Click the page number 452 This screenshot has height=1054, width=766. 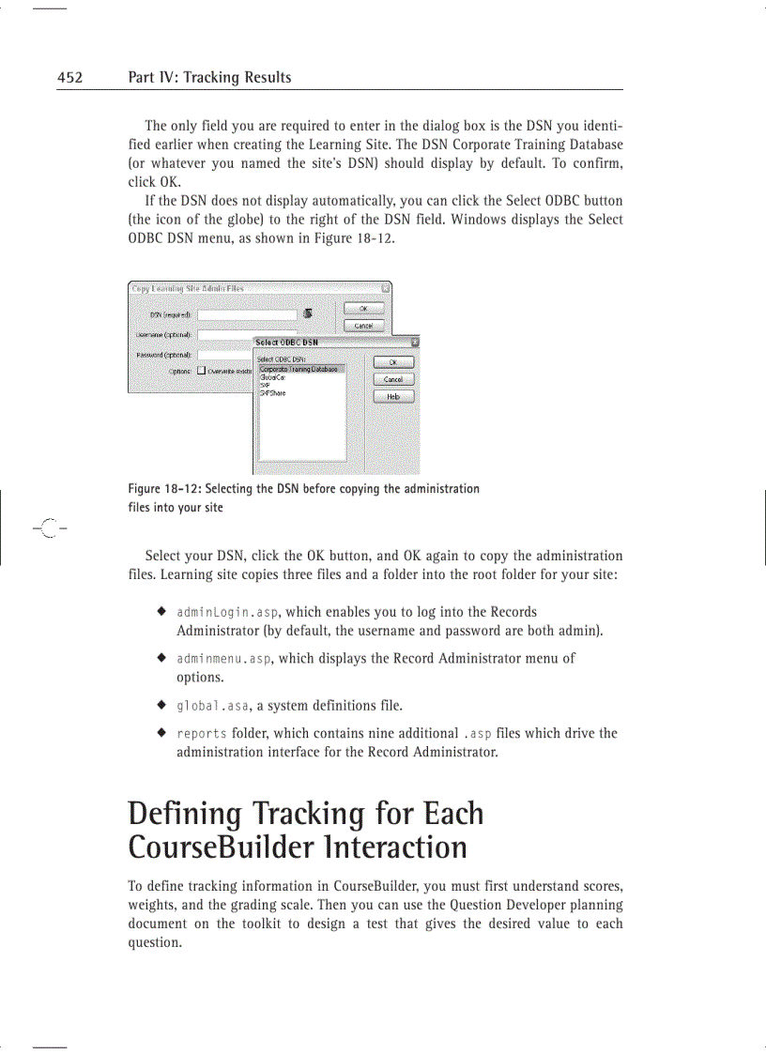[x=69, y=78]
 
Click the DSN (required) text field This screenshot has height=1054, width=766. [x=247, y=315]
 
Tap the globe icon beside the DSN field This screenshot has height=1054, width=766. [x=308, y=314]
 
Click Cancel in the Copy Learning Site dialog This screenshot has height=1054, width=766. [x=363, y=326]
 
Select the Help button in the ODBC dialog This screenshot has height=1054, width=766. [x=393, y=397]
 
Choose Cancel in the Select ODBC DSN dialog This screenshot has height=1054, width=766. [x=393, y=379]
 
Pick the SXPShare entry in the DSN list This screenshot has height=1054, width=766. [x=273, y=393]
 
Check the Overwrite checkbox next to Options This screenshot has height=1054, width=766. [x=201, y=371]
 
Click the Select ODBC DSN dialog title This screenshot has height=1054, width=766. [x=287, y=343]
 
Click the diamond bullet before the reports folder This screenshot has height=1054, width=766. [x=162, y=733]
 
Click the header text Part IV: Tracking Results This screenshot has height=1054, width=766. [x=209, y=78]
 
